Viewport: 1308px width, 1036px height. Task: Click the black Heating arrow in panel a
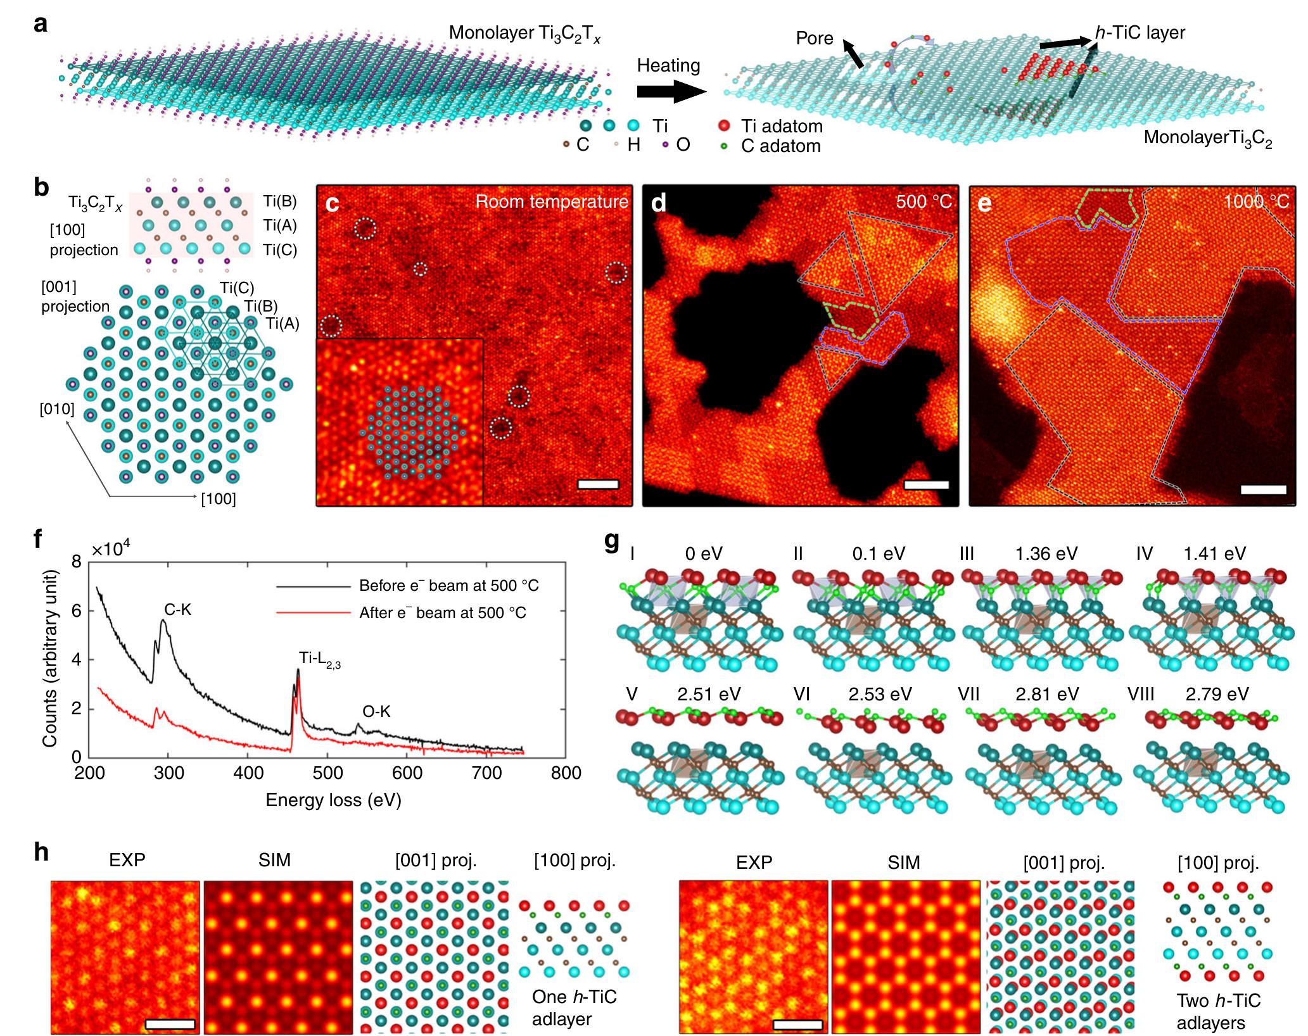click(x=670, y=92)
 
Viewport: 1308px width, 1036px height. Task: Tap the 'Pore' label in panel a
click(x=814, y=39)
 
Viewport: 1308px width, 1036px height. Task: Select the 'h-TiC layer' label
click(x=1140, y=33)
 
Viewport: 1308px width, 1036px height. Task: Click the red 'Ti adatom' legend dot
click(x=724, y=126)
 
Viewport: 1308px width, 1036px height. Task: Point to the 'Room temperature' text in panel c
click(x=551, y=202)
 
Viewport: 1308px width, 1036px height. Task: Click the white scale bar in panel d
click(x=926, y=485)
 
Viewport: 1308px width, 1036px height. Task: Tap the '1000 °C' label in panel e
click(x=1256, y=202)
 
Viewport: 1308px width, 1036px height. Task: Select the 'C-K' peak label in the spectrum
click(x=177, y=609)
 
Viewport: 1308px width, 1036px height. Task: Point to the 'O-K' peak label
click(x=376, y=712)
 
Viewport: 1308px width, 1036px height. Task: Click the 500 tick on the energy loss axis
click(x=327, y=773)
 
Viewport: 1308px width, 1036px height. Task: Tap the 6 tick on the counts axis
click(x=76, y=611)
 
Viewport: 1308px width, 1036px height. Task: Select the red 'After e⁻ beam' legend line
click(x=313, y=613)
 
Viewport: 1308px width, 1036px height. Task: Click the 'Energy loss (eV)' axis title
click(x=333, y=800)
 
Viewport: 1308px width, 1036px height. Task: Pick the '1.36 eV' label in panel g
click(x=1046, y=554)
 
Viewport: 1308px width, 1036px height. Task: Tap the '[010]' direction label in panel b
click(x=57, y=409)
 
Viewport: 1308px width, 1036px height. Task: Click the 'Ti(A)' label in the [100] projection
click(x=280, y=225)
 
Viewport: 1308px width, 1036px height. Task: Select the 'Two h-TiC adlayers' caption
click(x=1218, y=1011)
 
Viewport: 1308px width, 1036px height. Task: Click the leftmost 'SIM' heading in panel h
click(x=274, y=860)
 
